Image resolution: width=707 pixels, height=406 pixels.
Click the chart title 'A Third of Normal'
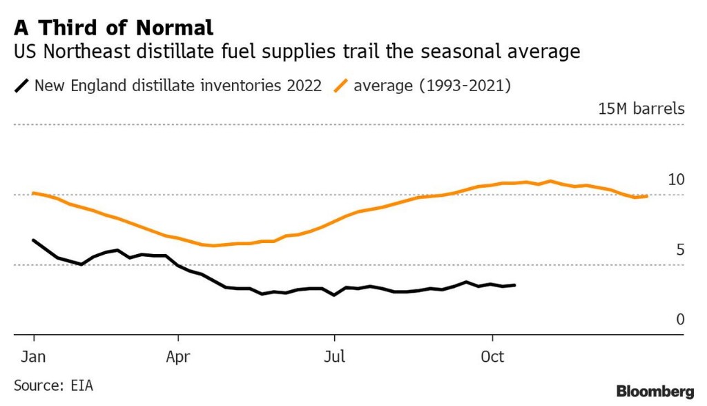(113, 28)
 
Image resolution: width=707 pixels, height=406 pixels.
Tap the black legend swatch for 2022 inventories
(22, 86)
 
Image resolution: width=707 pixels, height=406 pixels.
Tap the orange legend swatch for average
(341, 86)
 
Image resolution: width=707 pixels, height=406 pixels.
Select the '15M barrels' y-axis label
(641, 109)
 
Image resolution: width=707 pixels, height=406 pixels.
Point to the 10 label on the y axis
(676, 180)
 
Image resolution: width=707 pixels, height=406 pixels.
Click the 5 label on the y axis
(680, 249)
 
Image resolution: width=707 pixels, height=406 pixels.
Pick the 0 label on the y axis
(680, 319)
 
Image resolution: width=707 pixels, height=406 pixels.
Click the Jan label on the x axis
(34, 357)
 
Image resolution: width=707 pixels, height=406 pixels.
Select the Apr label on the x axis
(178, 357)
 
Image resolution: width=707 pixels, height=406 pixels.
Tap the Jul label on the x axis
(334, 357)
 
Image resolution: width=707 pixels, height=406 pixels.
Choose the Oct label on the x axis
(492, 357)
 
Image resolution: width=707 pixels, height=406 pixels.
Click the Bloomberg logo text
(655, 391)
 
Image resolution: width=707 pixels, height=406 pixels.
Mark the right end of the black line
(514, 284)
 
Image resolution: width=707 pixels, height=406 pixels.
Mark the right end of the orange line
(647, 196)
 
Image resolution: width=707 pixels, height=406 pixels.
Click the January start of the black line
(34, 240)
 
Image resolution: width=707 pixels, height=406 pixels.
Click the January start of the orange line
(34, 193)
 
